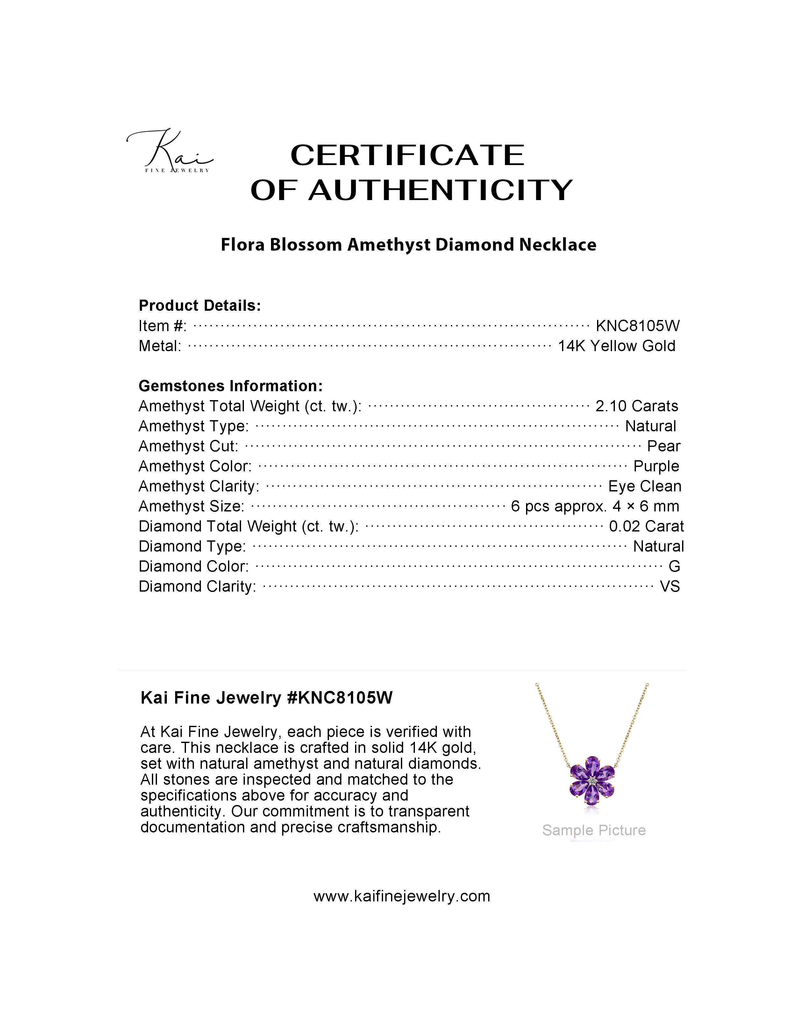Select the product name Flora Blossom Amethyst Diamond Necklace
408,245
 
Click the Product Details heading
200,306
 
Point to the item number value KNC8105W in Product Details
637,326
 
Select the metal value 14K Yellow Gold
616,346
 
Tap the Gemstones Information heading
231,386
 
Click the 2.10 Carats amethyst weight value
637,406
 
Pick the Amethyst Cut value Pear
663,446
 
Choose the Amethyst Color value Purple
656,466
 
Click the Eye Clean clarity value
645,486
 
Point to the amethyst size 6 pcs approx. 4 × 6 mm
595,507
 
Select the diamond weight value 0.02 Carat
646,526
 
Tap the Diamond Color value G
674,566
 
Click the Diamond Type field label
192,546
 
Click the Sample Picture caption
594,830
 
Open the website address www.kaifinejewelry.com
402,896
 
